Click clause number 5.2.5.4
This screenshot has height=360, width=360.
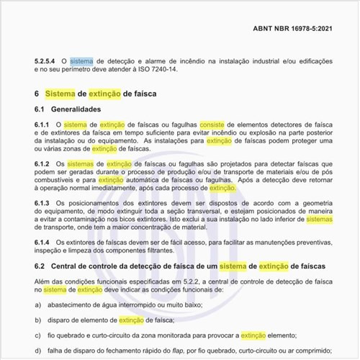coord(47,62)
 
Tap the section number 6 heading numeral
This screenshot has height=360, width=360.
coord(37,94)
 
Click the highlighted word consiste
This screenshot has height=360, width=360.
coord(214,125)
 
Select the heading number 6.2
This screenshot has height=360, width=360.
coord(40,267)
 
